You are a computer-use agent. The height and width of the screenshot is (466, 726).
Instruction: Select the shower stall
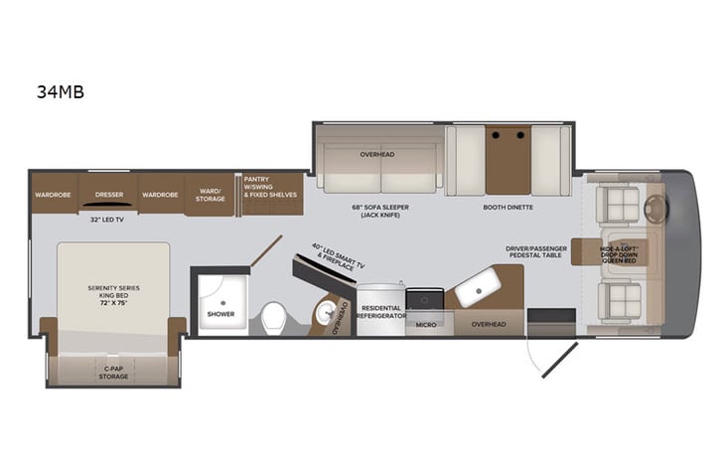[220, 301]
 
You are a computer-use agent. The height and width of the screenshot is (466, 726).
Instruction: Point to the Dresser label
[109, 195]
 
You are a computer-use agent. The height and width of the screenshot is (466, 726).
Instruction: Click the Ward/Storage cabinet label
[210, 195]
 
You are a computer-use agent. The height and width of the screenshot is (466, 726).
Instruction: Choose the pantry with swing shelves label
[270, 188]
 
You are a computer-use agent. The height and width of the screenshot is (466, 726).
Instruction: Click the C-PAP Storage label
[113, 373]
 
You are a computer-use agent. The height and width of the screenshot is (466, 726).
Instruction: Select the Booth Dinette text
[508, 208]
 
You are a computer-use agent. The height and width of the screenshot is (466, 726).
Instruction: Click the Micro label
[426, 325]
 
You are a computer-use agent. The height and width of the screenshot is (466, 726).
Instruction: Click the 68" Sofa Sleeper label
[380, 212]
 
